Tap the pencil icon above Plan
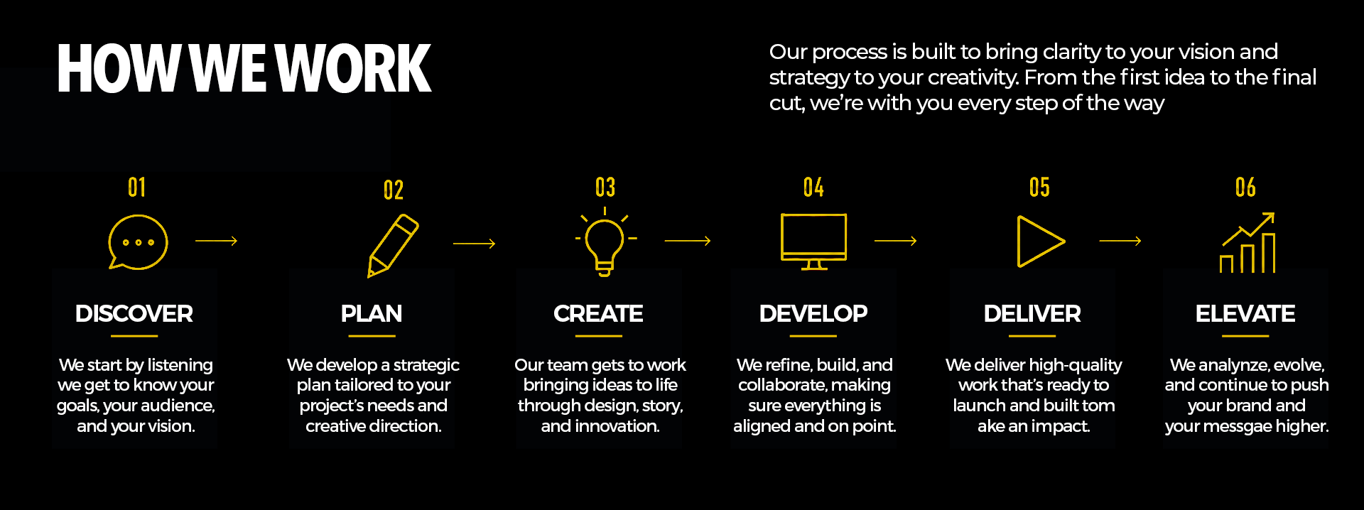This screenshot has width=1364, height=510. click(393, 245)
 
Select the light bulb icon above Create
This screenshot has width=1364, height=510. click(605, 242)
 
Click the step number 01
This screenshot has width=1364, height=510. click(137, 188)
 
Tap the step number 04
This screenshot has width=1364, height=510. click(813, 188)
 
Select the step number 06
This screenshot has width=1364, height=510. click(1245, 188)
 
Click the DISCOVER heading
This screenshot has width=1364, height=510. click(134, 313)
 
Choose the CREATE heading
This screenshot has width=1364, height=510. click(598, 313)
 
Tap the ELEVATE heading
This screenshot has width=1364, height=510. click(1245, 313)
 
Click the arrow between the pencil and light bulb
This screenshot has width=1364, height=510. click(474, 244)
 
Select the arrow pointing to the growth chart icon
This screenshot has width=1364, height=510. click(1120, 241)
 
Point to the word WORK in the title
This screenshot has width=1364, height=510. click(352, 68)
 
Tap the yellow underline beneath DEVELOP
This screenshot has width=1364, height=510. click(813, 336)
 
